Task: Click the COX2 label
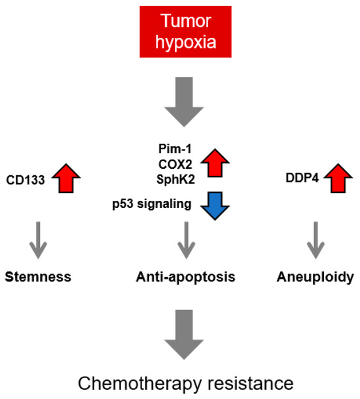[x=171, y=164]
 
